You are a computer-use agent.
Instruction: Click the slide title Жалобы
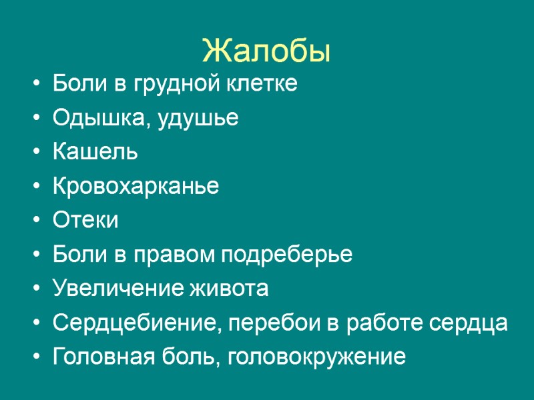point(266,51)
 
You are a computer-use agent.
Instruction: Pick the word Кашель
point(95,153)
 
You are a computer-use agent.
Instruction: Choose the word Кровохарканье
point(136,187)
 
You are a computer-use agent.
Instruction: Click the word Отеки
point(85,221)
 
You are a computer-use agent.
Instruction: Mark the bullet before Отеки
point(35,221)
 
